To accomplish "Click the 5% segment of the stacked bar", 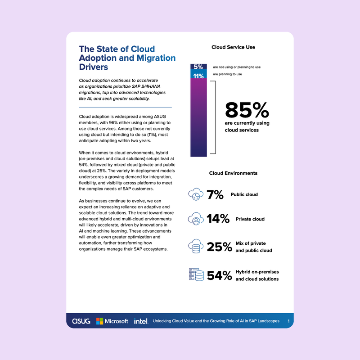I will pyautogui.click(x=198, y=67).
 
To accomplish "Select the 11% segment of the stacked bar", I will pyautogui.click(x=198, y=76).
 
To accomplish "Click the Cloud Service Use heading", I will pyautogui.click(x=233, y=47).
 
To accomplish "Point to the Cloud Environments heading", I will pyautogui.click(x=233, y=173).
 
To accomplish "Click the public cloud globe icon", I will pyautogui.click(x=195, y=195).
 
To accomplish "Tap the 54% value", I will pyautogui.click(x=219, y=275).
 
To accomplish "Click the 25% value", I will pyautogui.click(x=219, y=247).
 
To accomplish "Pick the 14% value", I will pyautogui.click(x=219, y=219).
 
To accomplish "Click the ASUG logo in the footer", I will pyautogui.click(x=81, y=321).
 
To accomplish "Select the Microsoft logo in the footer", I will pyautogui.click(x=112, y=321).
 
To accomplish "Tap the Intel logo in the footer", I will pyautogui.click(x=140, y=321).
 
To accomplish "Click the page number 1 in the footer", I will pyautogui.click(x=288, y=321).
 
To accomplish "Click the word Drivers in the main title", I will pyautogui.click(x=94, y=67).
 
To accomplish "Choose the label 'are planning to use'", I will pyautogui.click(x=227, y=74).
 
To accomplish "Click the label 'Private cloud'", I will pyautogui.click(x=250, y=219).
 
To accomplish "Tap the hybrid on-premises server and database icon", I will pyautogui.click(x=195, y=274).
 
